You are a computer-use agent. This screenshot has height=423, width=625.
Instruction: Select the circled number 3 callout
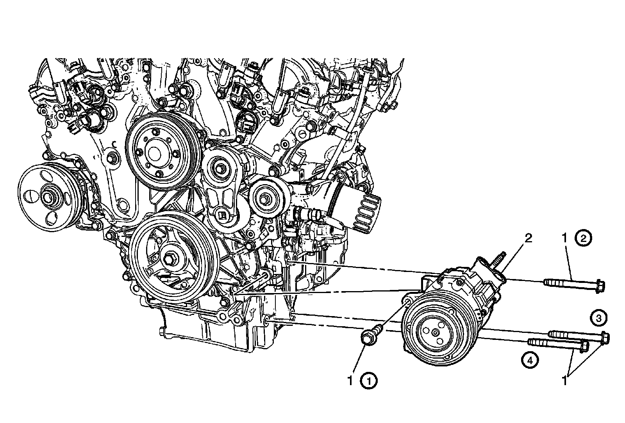[598, 318]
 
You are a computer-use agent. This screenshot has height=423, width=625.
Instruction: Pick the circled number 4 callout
[530, 361]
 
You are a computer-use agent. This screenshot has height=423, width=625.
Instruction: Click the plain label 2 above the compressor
[528, 238]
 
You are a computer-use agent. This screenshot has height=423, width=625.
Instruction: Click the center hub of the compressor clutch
[435, 332]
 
